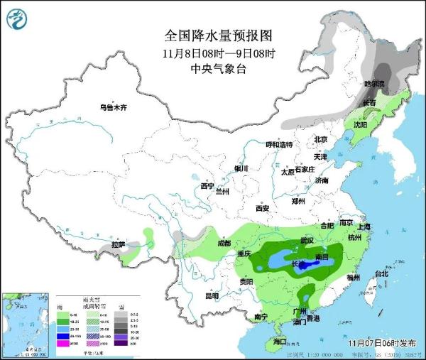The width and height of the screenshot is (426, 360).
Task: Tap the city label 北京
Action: point(320,139)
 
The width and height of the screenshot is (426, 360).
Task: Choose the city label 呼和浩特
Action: point(279,145)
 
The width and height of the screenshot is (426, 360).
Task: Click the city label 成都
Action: point(224,243)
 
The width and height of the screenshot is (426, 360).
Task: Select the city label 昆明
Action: point(212,295)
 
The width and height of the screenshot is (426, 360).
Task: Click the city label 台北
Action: point(381,273)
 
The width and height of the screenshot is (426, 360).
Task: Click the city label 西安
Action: point(262,208)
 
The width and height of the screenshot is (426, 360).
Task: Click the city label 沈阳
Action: point(361,124)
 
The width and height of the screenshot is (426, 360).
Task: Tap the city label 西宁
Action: point(207,186)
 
